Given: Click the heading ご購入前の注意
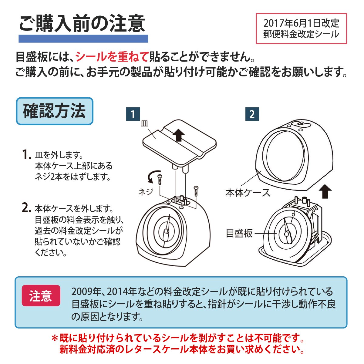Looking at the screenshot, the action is point(82,24).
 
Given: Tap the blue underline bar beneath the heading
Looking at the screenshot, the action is point(83,39).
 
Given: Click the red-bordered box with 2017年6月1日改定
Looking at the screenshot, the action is point(301,29).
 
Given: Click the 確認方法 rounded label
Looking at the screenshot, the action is point(55,111).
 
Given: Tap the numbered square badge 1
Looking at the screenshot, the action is point(133,114).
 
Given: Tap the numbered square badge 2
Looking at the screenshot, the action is point(252,114).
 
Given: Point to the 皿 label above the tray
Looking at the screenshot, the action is point(144,123).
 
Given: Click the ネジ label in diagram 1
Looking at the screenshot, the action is point(146,192).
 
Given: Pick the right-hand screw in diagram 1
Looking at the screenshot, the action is point(196,191).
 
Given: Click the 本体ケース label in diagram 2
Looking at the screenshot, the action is point(248,193).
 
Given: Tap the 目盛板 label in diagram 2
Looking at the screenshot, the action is point(239,234).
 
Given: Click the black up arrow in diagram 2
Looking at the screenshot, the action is point(325,191).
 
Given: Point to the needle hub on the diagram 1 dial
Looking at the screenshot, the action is point(166,231).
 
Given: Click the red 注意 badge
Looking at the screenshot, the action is point(41,296).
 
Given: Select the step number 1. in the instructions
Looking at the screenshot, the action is point(26,155).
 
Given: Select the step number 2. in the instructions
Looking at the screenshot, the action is point(26,208).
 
